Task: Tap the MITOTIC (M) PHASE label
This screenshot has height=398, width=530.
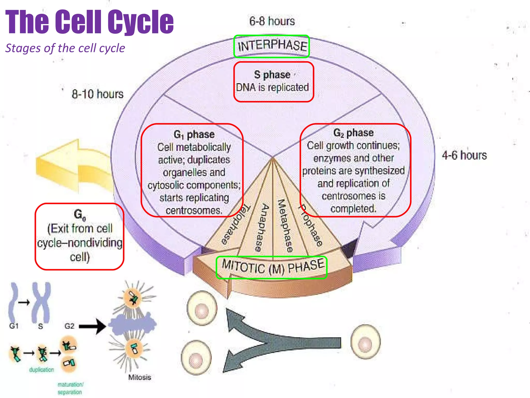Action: pyautogui.click(x=272, y=267)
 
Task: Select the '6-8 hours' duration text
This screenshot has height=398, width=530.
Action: pyautogui.click(x=272, y=21)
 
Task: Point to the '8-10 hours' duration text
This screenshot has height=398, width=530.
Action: pyautogui.click(x=98, y=94)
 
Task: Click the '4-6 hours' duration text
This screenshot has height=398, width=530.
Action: pyautogui.click(x=464, y=155)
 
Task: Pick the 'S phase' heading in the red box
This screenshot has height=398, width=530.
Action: pyautogui.click(x=272, y=75)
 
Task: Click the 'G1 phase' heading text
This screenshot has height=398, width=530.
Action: pyautogui.click(x=194, y=134)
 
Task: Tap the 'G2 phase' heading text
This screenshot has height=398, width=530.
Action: pyautogui.click(x=354, y=133)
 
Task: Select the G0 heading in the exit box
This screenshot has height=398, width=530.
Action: pyautogui.click(x=79, y=215)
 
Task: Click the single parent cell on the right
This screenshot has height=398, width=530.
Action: pyautogui.click(x=365, y=342)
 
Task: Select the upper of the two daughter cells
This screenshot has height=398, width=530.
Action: pyautogui.click(x=202, y=308)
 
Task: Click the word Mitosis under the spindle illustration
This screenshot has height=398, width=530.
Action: pyautogui.click(x=140, y=377)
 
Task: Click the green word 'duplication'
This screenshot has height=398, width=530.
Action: pyautogui.click(x=41, y=370)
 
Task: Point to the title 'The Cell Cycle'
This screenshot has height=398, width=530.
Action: pyautogui.click(x=89, y=22)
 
